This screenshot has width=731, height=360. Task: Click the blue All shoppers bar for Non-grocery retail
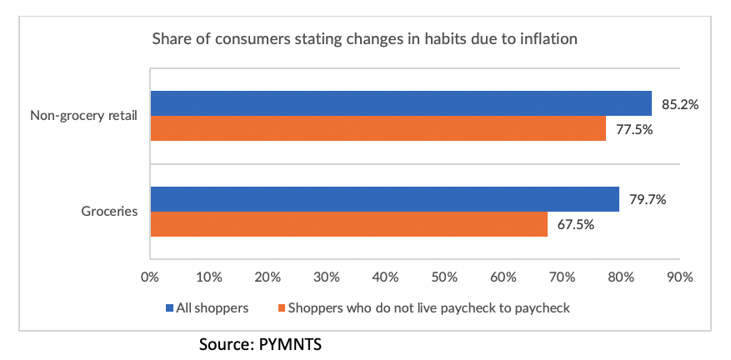[x=400, y=103]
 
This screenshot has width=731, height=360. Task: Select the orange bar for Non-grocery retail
[x=378, y=128]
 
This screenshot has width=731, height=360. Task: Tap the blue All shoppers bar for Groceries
[x=384, y=199]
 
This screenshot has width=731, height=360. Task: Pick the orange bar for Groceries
[x=348, y=224]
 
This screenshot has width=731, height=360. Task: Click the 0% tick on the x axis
[x=150, y=277]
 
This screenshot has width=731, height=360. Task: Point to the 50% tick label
[x=444, y=277]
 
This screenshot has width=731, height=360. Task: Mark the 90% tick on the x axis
[x=679, y=277]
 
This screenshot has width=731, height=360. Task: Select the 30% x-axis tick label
[x=327, y=277]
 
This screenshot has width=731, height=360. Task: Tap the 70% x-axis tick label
[x=562, y=277]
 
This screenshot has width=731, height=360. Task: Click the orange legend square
[x=281, y=308]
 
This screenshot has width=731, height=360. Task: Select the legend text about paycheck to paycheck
[x=428, y=308]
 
